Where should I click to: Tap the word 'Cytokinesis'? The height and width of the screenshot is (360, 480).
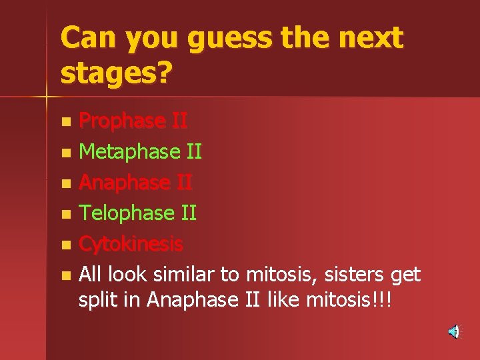click(x=131, y=244)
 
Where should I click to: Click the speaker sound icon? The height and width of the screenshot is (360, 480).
click(x=454, y=331)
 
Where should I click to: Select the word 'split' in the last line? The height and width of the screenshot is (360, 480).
click(x=97, y=301)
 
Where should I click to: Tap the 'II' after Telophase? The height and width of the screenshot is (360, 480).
click(x=188, y=213)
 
